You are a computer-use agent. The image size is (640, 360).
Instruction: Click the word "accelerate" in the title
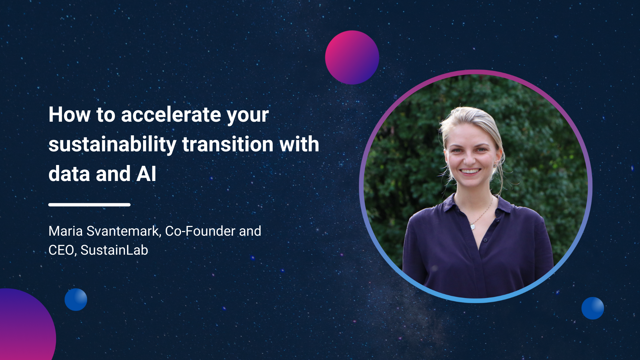pos(171,115)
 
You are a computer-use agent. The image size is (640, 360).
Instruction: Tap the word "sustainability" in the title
pos(112,144)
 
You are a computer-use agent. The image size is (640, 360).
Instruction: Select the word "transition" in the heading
pos(228,144)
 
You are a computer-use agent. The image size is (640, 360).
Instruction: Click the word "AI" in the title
pos(146,174)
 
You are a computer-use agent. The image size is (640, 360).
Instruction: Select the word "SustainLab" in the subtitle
pos(114,250)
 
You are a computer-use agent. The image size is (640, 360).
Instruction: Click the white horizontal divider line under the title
pos(89,205)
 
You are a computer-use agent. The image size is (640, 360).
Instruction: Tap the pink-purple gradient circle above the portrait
pos(352,57)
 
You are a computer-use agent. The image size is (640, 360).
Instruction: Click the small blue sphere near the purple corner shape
pos(76,300)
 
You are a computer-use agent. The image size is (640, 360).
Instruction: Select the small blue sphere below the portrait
pos(593,308)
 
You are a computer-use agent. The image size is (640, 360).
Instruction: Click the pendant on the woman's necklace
pos(472,227)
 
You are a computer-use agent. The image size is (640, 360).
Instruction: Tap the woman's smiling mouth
pos(470,171)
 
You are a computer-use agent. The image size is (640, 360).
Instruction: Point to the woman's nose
pos(469,159)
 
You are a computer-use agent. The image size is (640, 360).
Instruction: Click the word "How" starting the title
pos(69,115)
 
